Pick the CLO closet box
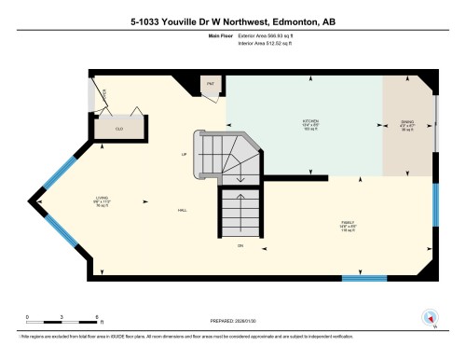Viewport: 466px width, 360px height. [x=120, y=128]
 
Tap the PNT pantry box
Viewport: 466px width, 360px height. [x=211, y=84]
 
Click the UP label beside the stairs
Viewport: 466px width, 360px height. [x=185, y=153]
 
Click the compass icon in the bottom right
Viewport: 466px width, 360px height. [x=430, y=317]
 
